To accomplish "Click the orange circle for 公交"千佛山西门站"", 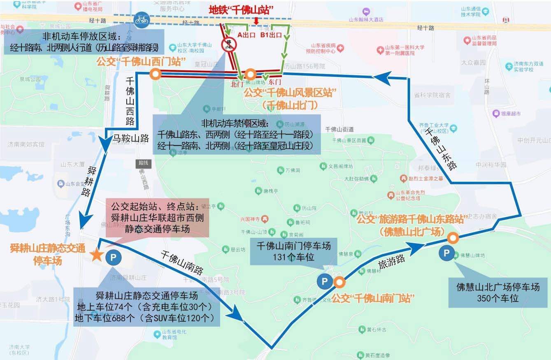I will tap(155, 74).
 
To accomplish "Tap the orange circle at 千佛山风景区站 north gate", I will tap(250, 75).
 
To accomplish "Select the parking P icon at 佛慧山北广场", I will tap(446, 253).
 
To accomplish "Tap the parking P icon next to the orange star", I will tap(113, 258).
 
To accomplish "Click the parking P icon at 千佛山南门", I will tap(324, 282).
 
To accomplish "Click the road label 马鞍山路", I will tap(130, 138).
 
